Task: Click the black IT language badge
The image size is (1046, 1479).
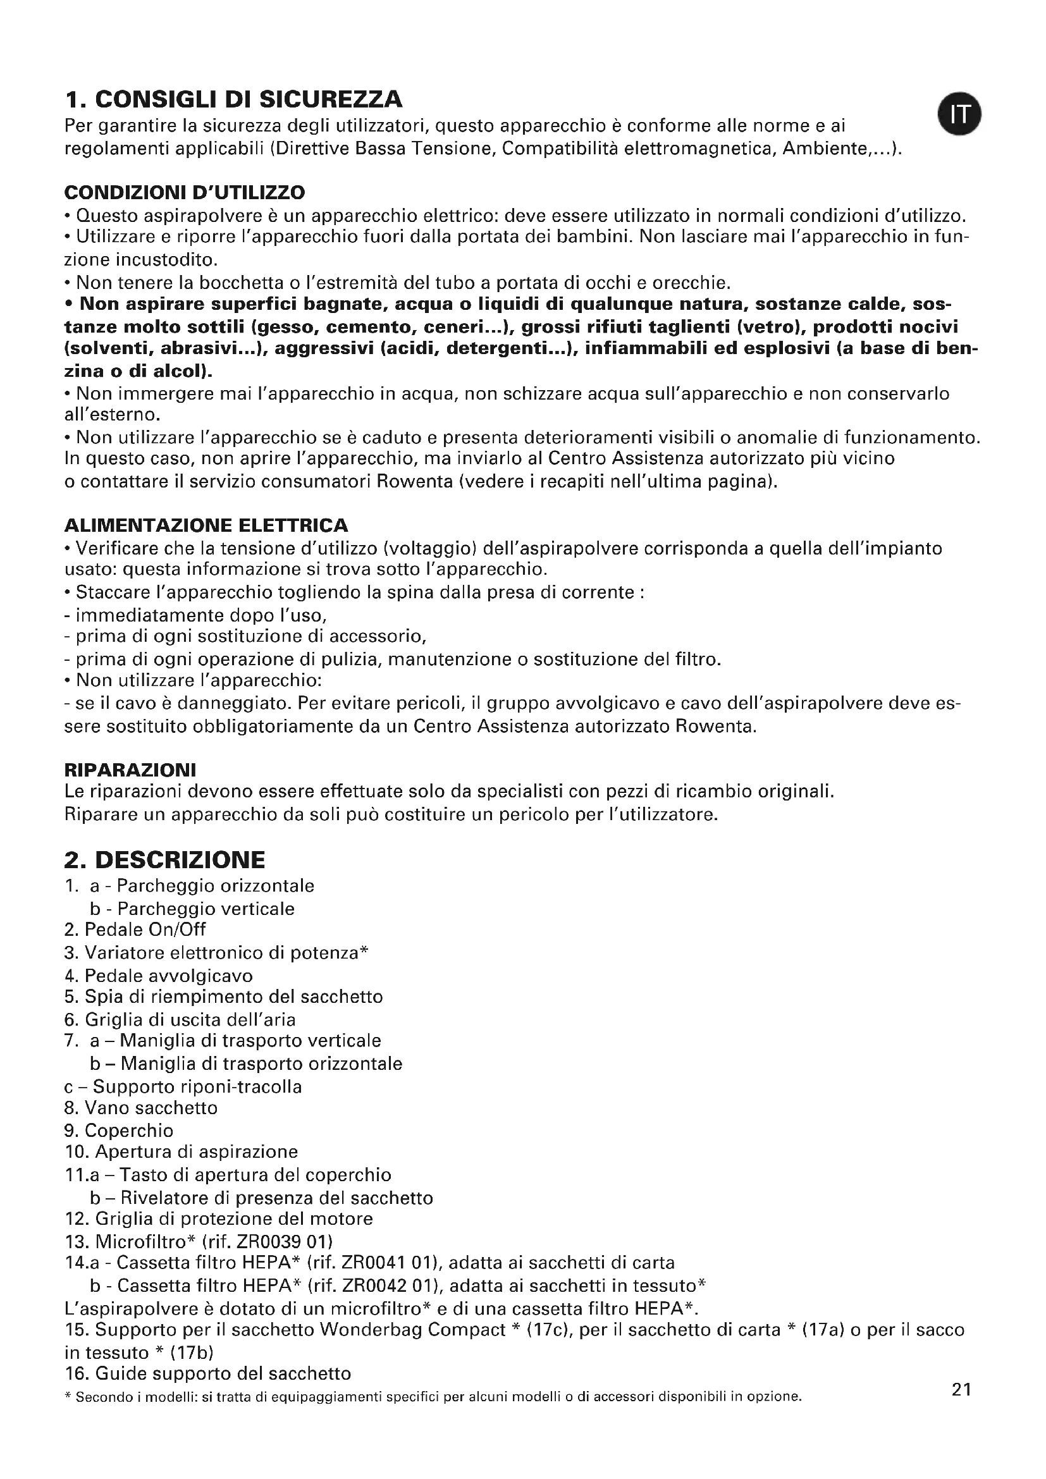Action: (959, 114)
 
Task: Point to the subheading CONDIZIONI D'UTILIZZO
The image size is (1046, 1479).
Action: (185, 192)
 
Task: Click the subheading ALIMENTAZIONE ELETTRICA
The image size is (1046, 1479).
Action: (206, 525)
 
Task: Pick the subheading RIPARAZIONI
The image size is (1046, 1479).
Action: (130, 769)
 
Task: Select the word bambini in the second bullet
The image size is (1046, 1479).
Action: (592, 236)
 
